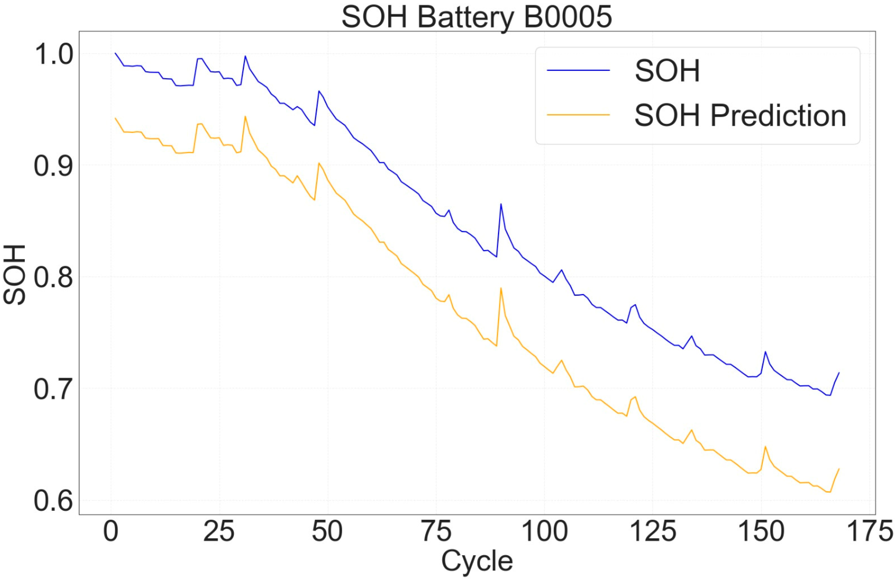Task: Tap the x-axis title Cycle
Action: (477, 561)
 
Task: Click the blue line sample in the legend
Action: (578, 70)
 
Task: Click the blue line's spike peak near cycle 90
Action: (501, 204)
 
